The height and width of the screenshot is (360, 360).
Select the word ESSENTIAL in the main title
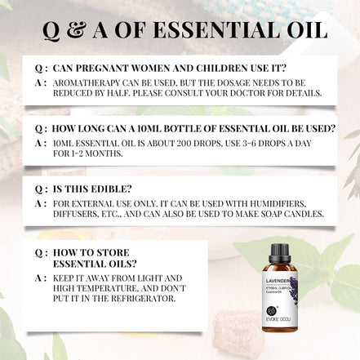point(228,31)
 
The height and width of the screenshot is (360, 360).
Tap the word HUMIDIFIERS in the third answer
point(273,202)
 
